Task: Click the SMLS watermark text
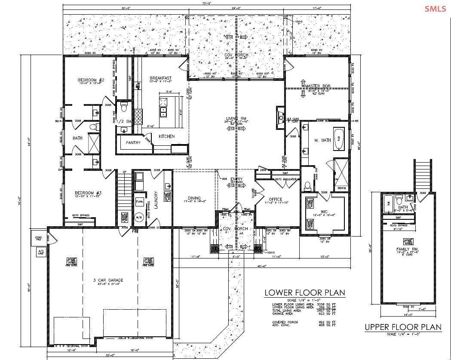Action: click(x=435, y=9)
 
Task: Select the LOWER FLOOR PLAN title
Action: click(x=304, y=293)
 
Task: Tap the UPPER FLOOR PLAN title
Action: click(x=403, y=327)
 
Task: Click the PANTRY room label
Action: click(x=133, y=143)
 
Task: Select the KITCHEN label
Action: click(x=166, y=136)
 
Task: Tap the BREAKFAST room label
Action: click(x=161, y=78)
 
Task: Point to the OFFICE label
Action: click(x=275, y=199)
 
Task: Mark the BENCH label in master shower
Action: click(x=342, y=188)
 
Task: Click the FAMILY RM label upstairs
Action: click(x=407, y=249)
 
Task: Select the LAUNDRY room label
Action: click(x=156, y=200)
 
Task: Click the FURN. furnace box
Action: click(x=139, y=201)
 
